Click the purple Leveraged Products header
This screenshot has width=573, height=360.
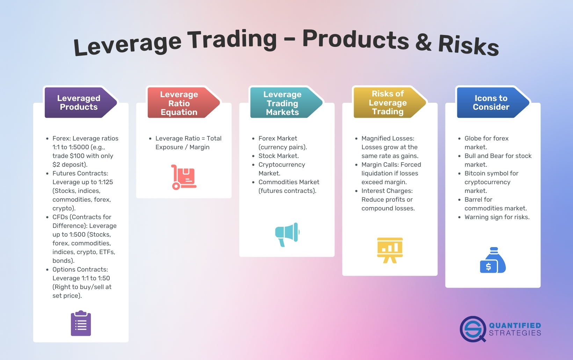79,102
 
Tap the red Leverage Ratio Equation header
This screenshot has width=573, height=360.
179,103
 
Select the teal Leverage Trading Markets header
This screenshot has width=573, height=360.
282,103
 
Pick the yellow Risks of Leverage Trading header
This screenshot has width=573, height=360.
387,102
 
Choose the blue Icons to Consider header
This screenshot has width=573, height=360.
491,102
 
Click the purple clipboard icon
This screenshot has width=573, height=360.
81,323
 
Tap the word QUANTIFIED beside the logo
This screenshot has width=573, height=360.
515,325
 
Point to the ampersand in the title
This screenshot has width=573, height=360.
423,43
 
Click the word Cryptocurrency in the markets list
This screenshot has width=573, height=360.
282,165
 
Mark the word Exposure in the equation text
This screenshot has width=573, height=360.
169,147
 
